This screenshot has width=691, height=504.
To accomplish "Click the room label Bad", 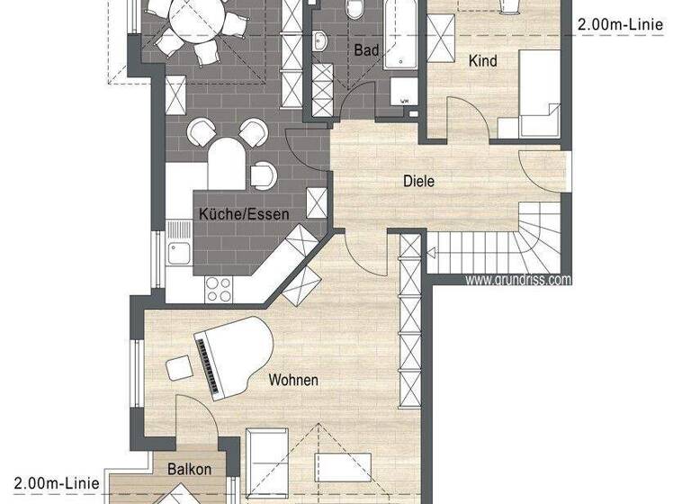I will click(366, 51).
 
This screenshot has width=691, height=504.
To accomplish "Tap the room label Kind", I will click(482, 61).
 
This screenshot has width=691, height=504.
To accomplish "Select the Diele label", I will click(418, 181).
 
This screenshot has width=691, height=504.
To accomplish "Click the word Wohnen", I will click(293, 380).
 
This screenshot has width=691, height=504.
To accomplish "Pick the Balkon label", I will click(190, 469).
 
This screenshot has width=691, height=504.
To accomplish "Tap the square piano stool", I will click(178, 368).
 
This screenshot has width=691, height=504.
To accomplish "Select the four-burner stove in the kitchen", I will click(219, 288).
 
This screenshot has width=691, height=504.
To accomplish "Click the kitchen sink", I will click(177, 251).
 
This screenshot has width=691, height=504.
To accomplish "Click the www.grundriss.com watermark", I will click(518, 280).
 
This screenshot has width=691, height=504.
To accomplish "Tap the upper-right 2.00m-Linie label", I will click(620, 25).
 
